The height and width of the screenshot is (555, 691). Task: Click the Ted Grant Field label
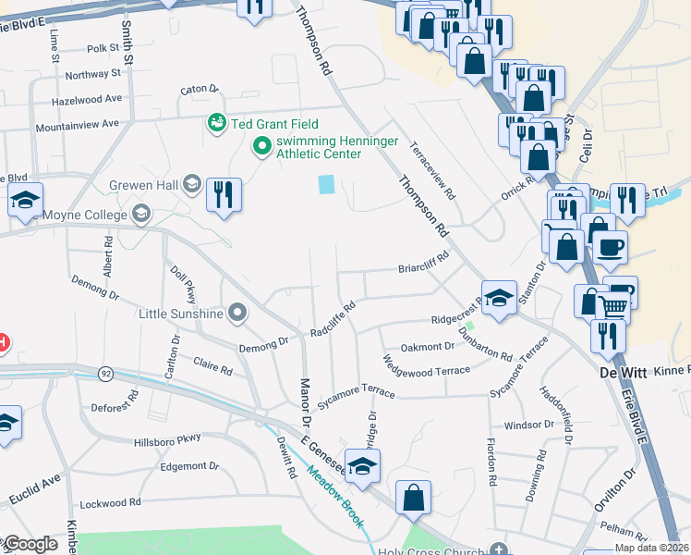274,123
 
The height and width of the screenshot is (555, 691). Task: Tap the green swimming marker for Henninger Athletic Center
261,145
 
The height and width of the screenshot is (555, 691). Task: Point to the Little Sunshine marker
239,313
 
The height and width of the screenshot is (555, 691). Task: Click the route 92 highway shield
106,373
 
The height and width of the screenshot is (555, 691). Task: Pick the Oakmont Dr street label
427,347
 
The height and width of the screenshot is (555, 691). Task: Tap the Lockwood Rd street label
109,502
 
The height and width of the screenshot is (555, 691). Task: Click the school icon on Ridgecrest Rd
499,299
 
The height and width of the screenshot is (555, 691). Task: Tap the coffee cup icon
609,248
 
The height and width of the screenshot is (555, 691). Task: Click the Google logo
30,544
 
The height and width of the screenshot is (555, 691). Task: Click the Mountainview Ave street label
78,123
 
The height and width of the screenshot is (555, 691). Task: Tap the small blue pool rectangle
326,184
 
